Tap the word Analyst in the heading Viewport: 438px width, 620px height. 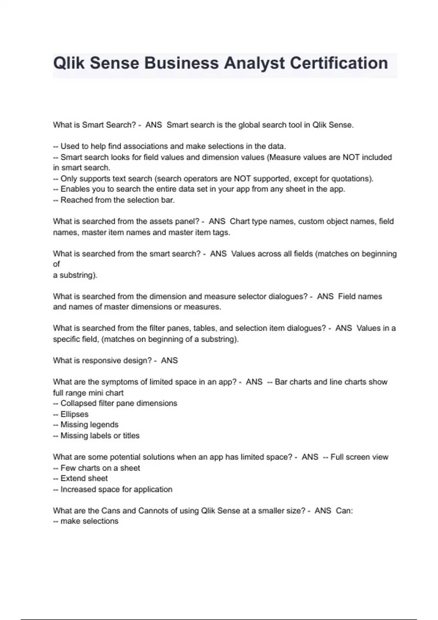click(x=254, y=63)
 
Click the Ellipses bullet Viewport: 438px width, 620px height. click(x=74, y=414)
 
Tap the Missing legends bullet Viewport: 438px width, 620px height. click(x=89, y=425)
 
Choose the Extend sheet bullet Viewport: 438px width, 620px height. click(x=84, y=478)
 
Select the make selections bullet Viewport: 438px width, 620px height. click(x=89, y=521)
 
